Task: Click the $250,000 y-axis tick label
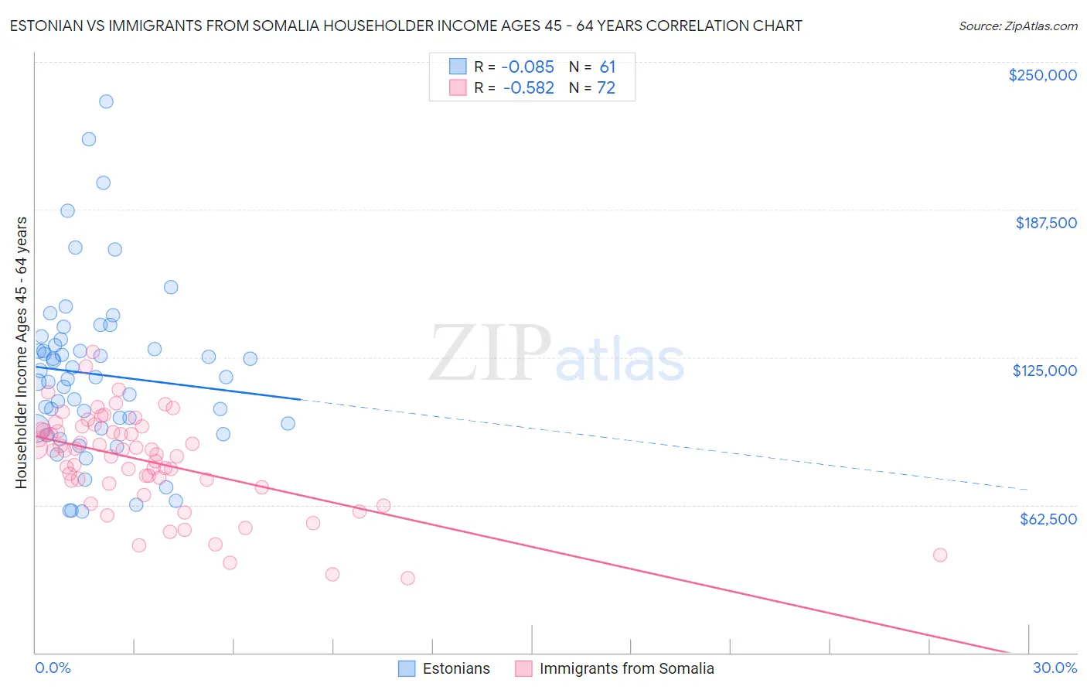coord(1042,75)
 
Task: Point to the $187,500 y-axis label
coord(1045,223)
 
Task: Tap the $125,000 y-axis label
coord(1044,371)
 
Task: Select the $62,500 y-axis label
coord(1048,519)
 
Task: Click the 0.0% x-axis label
coord(53,668)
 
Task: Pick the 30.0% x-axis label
coord(1055,668)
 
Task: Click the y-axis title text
coord(21,353)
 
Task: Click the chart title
coord(406,26)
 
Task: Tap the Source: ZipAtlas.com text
coord(1017,26)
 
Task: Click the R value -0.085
coord(528,67)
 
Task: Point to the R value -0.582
coord(528,88)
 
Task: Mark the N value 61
coord(607,67)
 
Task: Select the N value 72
coord(606,88)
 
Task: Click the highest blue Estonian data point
coord(106,101)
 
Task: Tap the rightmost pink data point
coord(940,555)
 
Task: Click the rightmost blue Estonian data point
coord(288,423)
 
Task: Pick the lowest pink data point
coord(407,578)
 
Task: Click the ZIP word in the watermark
coord(490,353)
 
